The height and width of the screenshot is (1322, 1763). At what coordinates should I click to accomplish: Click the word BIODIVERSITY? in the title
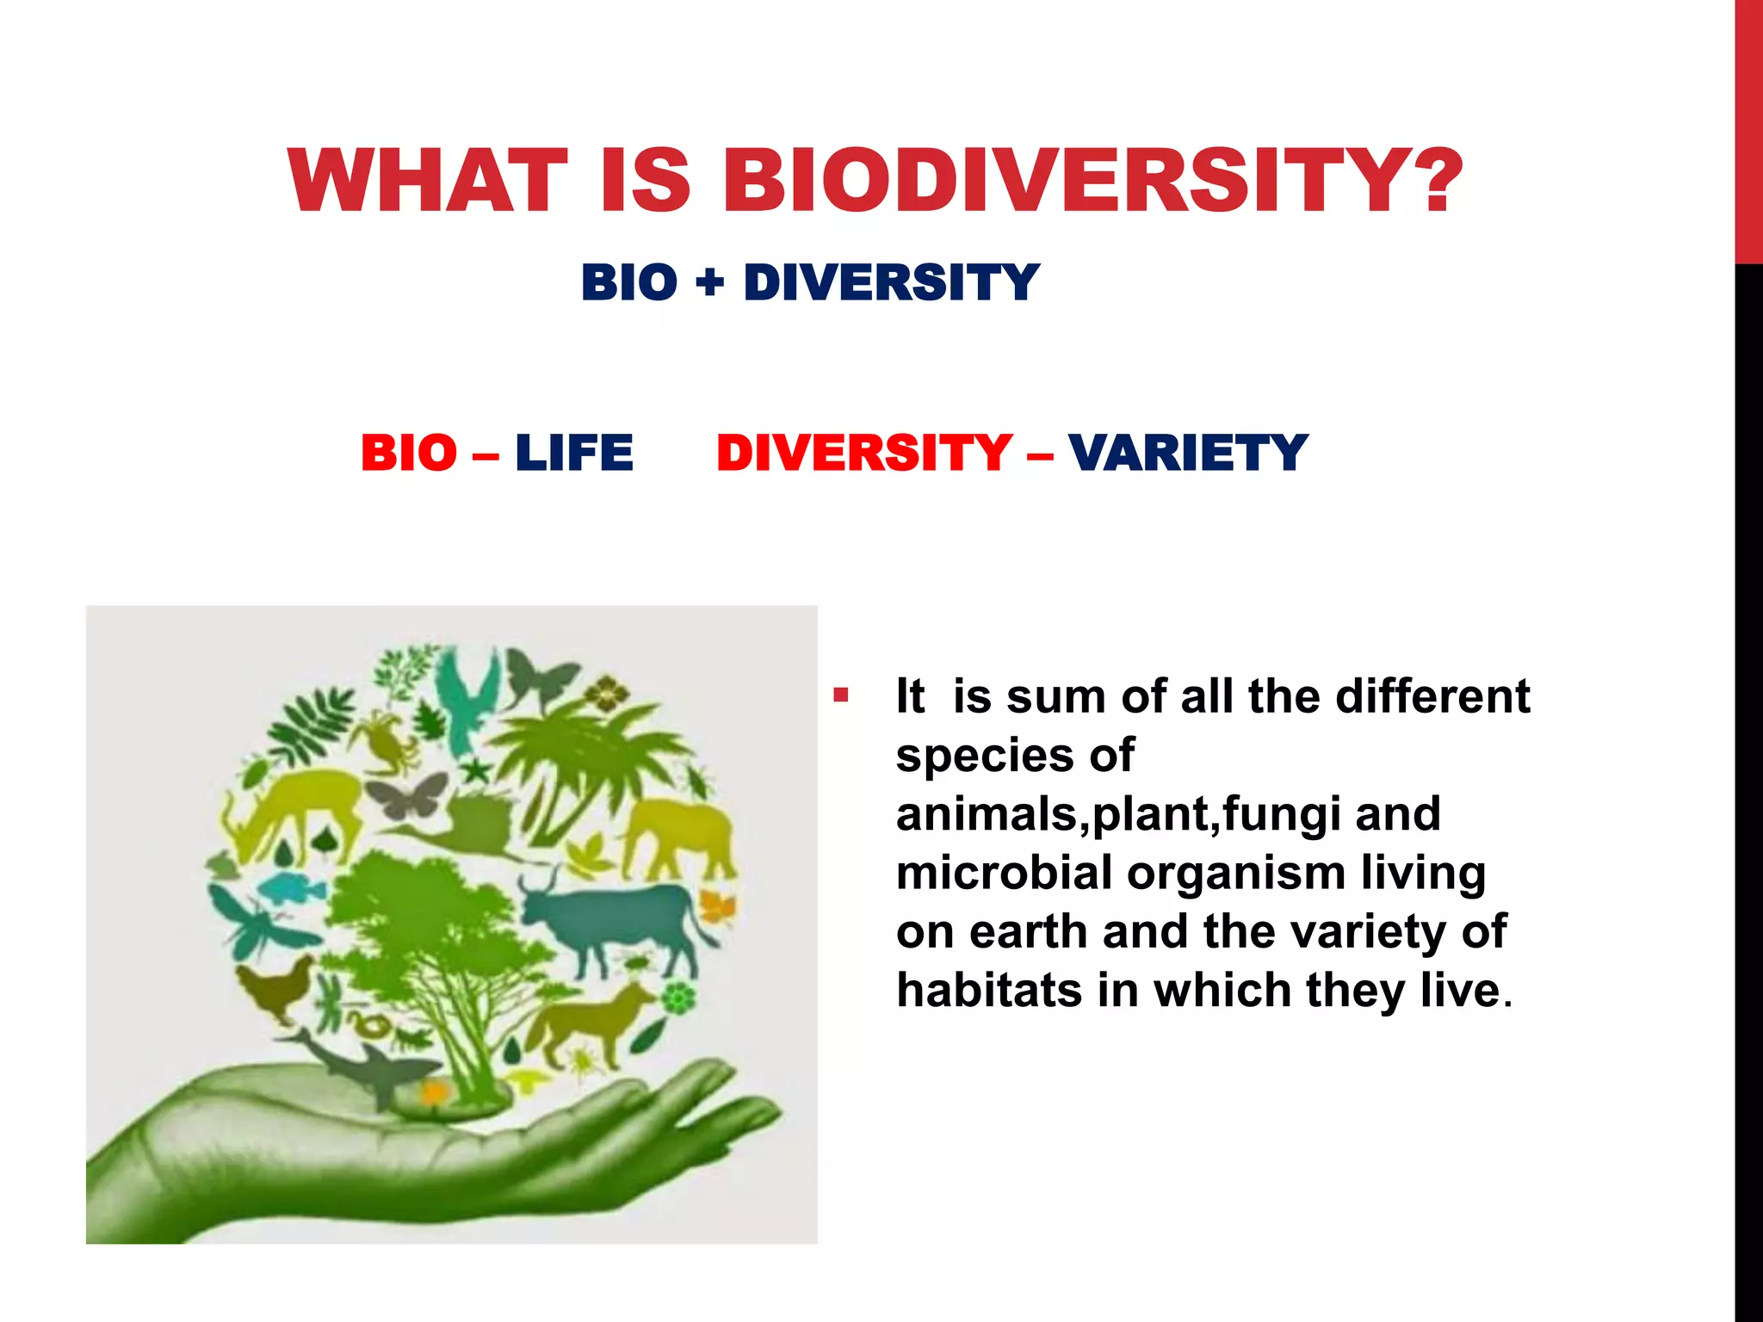(x=1092, y=181)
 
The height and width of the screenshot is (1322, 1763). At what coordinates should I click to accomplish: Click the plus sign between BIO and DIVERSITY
(x=710, y=281)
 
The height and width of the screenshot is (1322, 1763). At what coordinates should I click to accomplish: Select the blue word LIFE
(x=574, y=453)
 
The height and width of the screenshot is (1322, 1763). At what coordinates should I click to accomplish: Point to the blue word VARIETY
(x=1188, y=453)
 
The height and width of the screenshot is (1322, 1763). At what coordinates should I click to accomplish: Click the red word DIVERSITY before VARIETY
(x=864, y=453)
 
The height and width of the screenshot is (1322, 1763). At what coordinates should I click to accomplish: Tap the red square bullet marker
(x=841, y=695)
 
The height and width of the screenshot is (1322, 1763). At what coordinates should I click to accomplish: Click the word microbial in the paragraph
(x=1004, y=873)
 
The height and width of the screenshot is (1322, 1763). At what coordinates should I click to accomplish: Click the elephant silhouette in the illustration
(x=680, y=835)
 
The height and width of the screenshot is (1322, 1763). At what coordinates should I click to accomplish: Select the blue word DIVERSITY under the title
(x=892, y=281)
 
